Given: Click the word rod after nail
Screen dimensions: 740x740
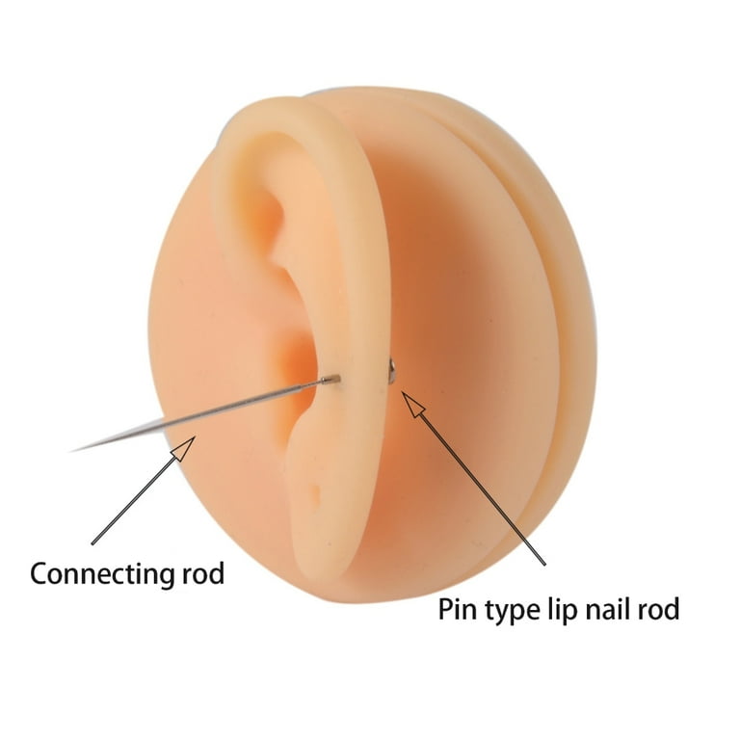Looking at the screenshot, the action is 656,608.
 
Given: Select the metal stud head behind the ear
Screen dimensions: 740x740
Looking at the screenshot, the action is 391,368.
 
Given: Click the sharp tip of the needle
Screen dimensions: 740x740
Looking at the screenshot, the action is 70,451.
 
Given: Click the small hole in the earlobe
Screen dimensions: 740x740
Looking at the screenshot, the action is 315,492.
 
